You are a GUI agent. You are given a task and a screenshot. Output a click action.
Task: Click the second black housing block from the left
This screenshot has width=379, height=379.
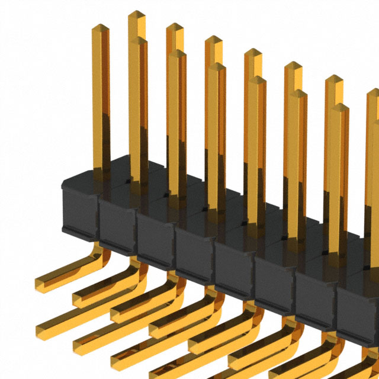pyautogui.click(x=117, y=225)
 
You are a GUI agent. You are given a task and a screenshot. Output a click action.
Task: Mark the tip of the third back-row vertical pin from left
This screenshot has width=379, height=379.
pyautogui.click(x=213, y=40)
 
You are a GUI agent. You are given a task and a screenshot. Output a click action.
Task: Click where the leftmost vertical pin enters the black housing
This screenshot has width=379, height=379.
pyautogui.click(x=101, y=168)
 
